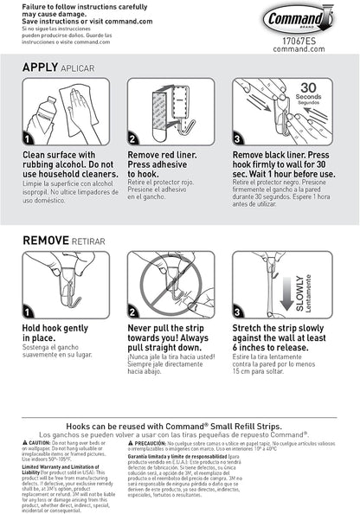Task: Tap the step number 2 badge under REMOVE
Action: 132,309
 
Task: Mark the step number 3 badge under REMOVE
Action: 238,309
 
